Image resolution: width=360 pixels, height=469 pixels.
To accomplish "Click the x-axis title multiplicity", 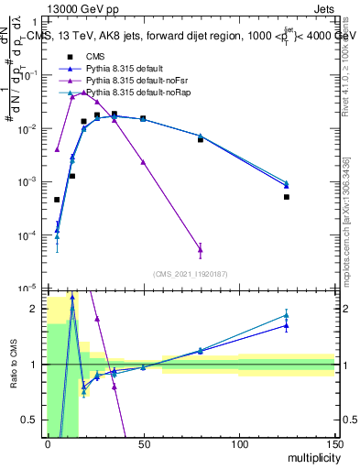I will [311, 456].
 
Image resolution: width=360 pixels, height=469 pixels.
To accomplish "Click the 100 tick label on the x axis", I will [238, 445].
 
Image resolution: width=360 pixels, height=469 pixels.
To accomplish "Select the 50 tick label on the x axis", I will [143, 445].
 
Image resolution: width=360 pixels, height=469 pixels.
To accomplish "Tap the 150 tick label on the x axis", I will [333, 445].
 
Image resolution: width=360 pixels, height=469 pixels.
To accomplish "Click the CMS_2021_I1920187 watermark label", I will [190, 274].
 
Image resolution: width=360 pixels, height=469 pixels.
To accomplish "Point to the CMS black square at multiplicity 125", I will [287, 197].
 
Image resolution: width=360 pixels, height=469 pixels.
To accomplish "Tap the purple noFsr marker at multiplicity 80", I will [201, 249].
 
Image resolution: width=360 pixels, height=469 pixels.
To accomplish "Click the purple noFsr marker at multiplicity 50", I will [143, 162].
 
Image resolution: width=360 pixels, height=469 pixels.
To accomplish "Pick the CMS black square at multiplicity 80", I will [201, 139].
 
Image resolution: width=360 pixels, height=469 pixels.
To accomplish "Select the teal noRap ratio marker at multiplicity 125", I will [287, 315].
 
